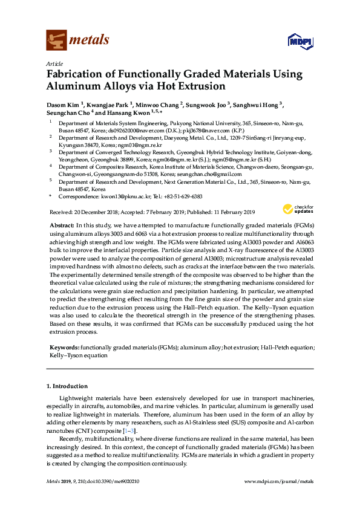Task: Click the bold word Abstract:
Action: coord(62,224)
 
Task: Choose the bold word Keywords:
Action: coord(64,348)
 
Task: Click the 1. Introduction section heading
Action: coord(67,386)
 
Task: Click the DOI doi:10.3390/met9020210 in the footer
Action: coord(112,481)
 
